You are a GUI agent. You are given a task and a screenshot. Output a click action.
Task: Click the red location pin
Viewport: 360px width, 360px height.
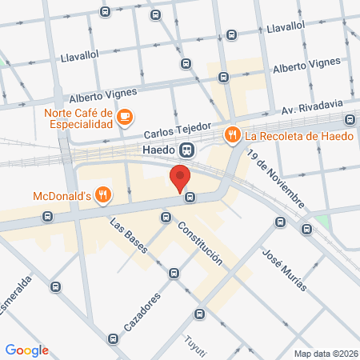coord(180,176)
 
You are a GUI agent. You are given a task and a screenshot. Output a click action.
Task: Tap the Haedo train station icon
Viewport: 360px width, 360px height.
coord(186,150)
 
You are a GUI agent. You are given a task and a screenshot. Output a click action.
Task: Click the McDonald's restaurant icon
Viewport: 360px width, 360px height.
coord(102,195)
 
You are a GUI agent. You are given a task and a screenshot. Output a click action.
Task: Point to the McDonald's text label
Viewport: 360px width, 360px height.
coord(61,195)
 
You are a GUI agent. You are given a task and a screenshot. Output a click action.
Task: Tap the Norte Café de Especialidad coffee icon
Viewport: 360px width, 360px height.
coord(124,118)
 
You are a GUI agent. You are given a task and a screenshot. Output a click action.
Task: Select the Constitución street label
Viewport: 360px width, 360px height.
coord(200,243)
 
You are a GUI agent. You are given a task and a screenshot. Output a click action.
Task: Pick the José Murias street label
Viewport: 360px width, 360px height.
coord(279,262)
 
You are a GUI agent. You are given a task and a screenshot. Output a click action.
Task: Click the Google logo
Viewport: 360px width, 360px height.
coord(27,350)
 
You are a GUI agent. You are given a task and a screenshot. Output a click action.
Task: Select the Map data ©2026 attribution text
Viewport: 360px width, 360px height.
coord(325,354)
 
